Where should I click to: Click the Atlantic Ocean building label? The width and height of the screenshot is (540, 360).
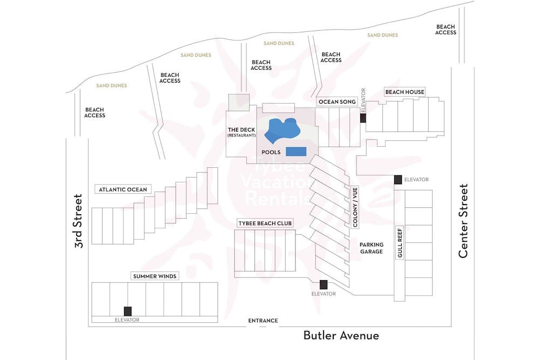click(123, 189)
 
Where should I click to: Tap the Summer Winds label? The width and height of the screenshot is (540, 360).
click(154, 276)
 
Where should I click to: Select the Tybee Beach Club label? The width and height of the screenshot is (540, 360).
click(265, 223)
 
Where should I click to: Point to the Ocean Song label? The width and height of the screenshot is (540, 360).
click(337, 101)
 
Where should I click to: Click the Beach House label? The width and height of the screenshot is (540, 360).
click(404, 92)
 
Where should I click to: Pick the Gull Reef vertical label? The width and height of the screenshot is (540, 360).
click(400, 243)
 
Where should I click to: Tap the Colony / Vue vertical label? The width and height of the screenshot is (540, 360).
click(355, 207)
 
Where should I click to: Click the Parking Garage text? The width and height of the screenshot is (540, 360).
click(372, 248)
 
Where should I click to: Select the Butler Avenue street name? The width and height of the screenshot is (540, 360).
click(341, 336)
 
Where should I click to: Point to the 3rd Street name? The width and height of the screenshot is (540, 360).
click(79, 221)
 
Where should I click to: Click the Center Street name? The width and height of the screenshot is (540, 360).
click(463, 221)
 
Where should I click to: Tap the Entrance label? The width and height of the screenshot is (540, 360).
click(263, 321)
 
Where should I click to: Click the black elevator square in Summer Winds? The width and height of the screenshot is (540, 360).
click(128, 311)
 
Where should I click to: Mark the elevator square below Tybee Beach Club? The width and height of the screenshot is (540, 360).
click(323, 284)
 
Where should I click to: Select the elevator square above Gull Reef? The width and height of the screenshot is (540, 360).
click(398, 180)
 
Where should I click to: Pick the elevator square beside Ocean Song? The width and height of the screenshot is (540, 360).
click(363, 118)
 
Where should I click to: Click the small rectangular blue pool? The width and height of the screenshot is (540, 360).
click(296, 152)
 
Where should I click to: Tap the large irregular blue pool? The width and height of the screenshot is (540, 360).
click(282, 131)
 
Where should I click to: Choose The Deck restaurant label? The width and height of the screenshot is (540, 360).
click(241, 132)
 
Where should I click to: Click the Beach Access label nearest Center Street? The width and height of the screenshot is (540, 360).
click(446, 30)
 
